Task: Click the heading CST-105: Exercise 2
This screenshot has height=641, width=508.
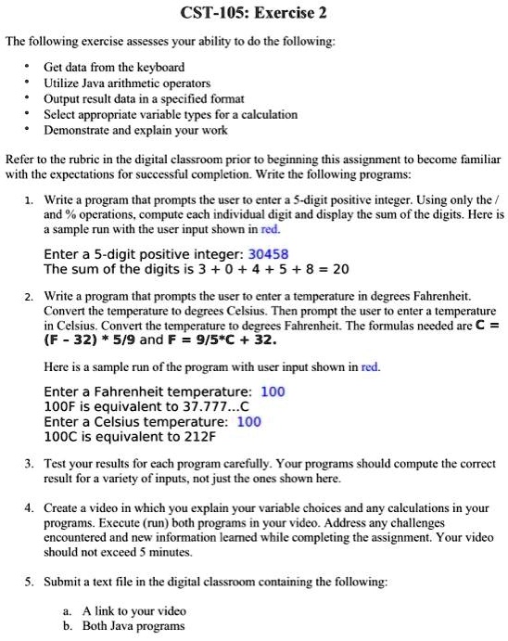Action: tap(254, 14)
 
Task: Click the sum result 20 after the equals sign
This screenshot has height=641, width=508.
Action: tap(339, 269)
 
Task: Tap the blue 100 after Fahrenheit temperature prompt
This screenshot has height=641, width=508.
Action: tap(273, 391)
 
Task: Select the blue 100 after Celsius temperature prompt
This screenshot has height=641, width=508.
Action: tap(249, 421)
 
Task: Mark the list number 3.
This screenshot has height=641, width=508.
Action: tap(30, 463)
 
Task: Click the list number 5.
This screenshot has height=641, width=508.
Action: tap(30, 582)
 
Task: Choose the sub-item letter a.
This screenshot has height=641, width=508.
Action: tap(67, 610)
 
